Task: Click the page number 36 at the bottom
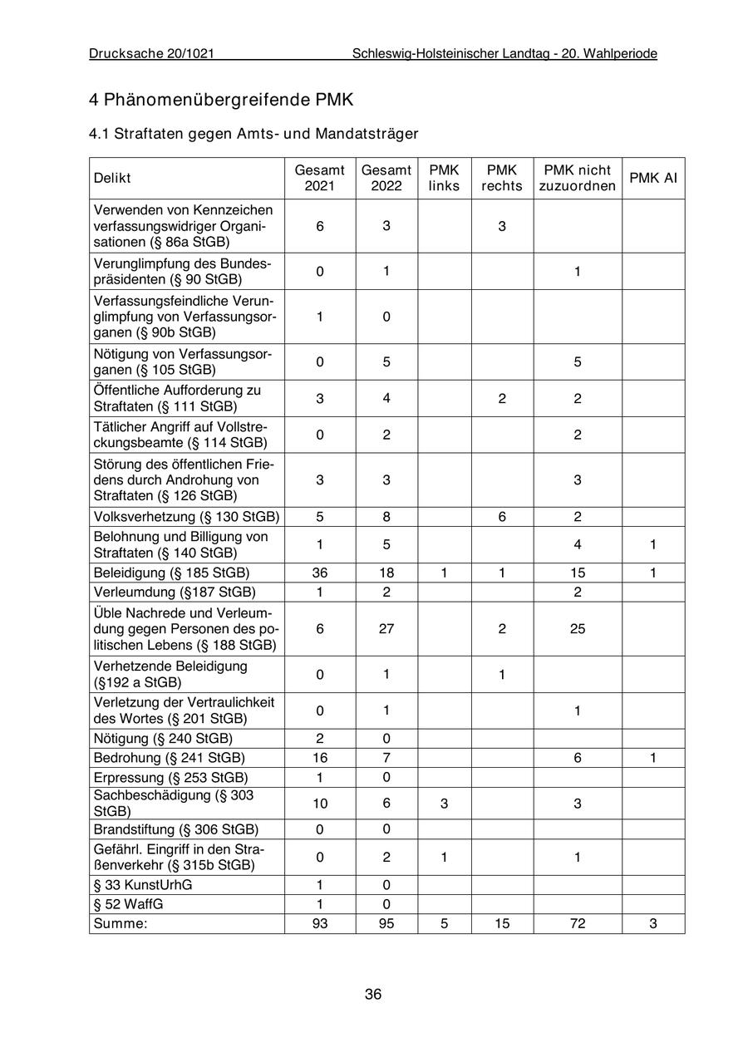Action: pyautogui.click(x=373, y=994)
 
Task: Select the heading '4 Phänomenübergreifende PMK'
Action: pyautogui.click(x=221, y=100)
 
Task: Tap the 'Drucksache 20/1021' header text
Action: pyautogui.click(x=152, y=54)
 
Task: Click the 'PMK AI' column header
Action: pyautogui.click(x=653, y=178)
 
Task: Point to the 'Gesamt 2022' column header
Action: pyautogui.click(x=386, y=178)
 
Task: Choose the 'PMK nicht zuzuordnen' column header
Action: pyautogui.click(x=578, y=178)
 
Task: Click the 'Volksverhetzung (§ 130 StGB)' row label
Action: pyautogui.click(x=186, y=517)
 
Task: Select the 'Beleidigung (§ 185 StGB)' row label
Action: pyautogui.click(x=172, y=573)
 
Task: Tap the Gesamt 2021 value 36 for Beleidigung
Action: pyautogui.click(x=320, y=573)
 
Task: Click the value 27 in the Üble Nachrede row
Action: pyautogui.click(x=386, y=629)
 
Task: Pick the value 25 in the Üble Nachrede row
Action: pyautogui.click(x=578, y=629)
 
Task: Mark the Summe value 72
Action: pyautogui.click(x=578, y=923)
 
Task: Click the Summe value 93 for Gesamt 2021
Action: pyautogui.click(x=320, y=923)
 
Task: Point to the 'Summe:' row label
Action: pyautogui.click(x=121, y=923)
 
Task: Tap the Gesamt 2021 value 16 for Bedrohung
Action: pyautogui.click(x=320, y=758)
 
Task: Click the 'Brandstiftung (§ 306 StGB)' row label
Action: pyautogui.click(x=176, y=829)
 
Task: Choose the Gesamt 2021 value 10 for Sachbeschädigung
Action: pyautogui.click(x=320, y=803)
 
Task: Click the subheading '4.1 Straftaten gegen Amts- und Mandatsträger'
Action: pyautogui.click(x=253, y=133)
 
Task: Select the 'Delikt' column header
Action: pyautogui.click(x=112, y=178)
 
